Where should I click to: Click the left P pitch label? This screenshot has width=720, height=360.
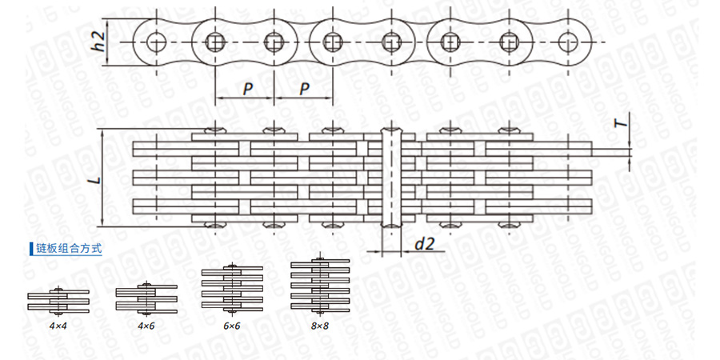(249, 88)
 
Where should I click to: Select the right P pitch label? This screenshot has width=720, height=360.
(305, 88)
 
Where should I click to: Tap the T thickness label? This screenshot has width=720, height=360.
(618, 123)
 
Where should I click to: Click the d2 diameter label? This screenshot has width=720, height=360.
(423, 245)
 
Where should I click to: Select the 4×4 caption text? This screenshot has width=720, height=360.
(58, 326)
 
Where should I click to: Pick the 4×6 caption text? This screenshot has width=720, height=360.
(145, 326)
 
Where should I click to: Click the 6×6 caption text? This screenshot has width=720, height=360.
(232, 326)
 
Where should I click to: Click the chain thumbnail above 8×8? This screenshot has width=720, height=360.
(319, 286)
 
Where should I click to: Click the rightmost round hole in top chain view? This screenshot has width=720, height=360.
(569, 41)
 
